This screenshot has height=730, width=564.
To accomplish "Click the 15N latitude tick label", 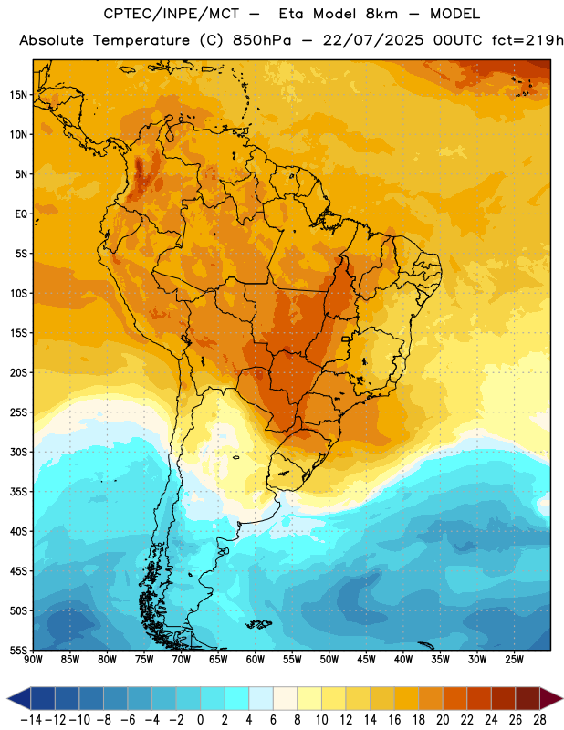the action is tap(18, 95).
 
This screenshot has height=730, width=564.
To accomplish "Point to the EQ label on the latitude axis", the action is tap(21, 214).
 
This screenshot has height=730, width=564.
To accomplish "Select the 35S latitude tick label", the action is tap(18, 492).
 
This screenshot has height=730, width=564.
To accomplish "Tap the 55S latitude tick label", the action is tap(18, 650).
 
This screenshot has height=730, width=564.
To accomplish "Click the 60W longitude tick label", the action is tap(255, 660).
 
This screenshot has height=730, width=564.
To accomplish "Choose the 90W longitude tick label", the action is tap(33, 660).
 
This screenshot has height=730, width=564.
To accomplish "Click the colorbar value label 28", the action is tap(539, 720).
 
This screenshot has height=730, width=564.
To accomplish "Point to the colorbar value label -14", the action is tap(31, 720).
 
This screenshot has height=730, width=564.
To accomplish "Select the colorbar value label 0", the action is tap(200, 720).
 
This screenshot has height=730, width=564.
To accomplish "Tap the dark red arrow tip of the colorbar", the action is tap(551, 699).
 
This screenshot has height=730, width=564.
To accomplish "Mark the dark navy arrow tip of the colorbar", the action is tap(18, 699).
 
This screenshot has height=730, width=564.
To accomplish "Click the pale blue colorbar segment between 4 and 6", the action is tap(261, 699).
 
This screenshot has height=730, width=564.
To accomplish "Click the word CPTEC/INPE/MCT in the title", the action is tap(171, 14).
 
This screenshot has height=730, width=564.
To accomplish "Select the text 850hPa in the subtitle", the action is tap(262, 40).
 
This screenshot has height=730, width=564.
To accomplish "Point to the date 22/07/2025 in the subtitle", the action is tap(373, 40).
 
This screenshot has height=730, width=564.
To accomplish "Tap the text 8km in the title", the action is tap(381, 14).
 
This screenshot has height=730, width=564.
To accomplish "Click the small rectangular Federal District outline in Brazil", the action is tap(346, 339).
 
